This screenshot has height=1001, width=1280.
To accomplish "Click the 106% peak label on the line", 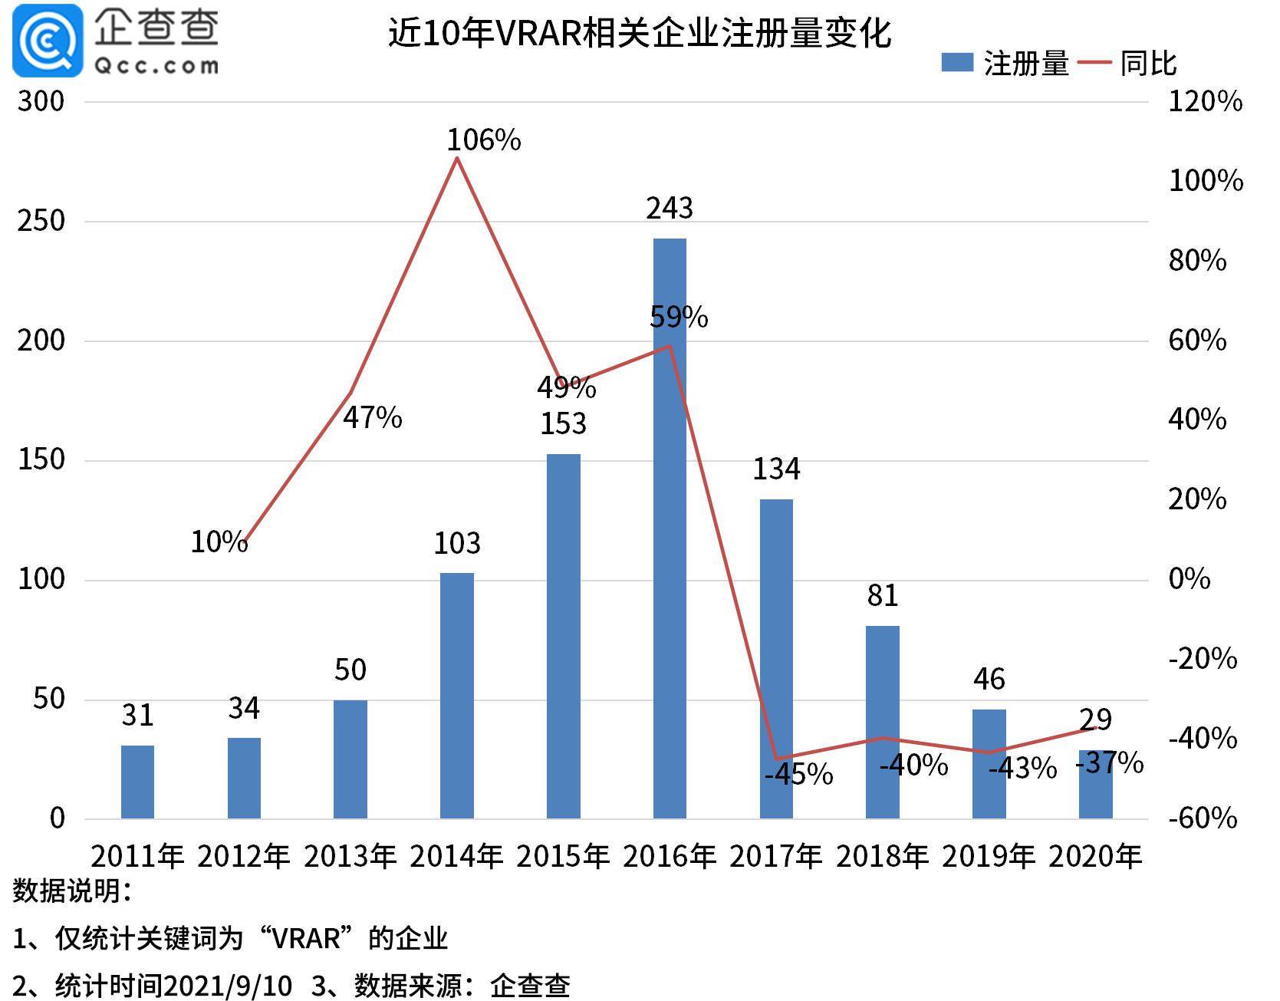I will (x=483, y=140).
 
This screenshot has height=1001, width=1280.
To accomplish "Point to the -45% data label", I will (x=799, y=774).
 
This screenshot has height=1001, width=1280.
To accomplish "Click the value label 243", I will (x=670, y=208).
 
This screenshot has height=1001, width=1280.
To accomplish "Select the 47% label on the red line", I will (x=372, y=417).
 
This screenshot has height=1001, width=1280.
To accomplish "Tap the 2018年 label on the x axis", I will (x=882, y=856).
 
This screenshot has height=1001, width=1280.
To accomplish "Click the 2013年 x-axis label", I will (x=350, y=856).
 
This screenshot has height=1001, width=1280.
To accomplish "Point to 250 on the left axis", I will (x=41, y=221).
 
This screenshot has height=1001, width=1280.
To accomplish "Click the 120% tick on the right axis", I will (x=1205, y=101).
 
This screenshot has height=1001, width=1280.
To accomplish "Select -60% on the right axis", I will (x=1203, y=818).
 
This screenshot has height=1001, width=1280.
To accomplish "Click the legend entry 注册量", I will (x=1005, y=64).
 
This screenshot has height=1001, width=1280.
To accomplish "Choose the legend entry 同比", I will (x=1127, y=64).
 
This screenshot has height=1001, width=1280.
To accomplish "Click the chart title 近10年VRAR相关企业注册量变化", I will (x=640, y=33).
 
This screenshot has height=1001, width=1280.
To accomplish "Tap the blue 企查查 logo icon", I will (x=48, y=40).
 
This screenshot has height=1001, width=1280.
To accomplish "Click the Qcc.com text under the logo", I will (x=156, y=66).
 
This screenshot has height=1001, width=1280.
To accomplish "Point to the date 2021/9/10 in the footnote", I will (x=228, y=985).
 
